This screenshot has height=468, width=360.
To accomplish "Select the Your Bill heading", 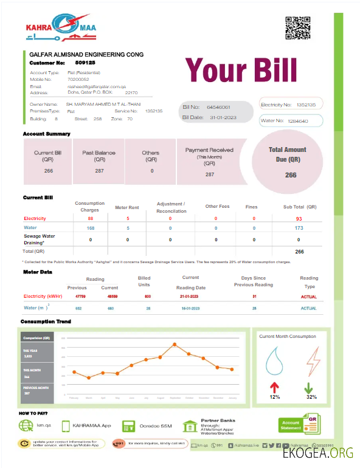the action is [241, 71].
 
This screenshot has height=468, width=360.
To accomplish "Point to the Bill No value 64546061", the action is [218, 107].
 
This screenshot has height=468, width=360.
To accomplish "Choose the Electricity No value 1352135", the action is [305, 105].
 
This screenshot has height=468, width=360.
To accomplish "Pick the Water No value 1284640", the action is [298, 121].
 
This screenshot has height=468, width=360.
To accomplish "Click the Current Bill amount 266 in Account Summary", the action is [49, 171].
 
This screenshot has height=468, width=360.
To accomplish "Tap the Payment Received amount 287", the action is [210, 174].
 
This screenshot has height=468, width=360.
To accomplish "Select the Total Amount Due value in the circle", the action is [291, 175].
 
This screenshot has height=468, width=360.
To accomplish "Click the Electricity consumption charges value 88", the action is [90, 218].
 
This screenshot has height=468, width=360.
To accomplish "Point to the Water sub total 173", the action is [299, 228].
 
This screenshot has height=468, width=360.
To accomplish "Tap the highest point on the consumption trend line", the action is [175, 345].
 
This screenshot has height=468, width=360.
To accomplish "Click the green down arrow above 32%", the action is [309, 387].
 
